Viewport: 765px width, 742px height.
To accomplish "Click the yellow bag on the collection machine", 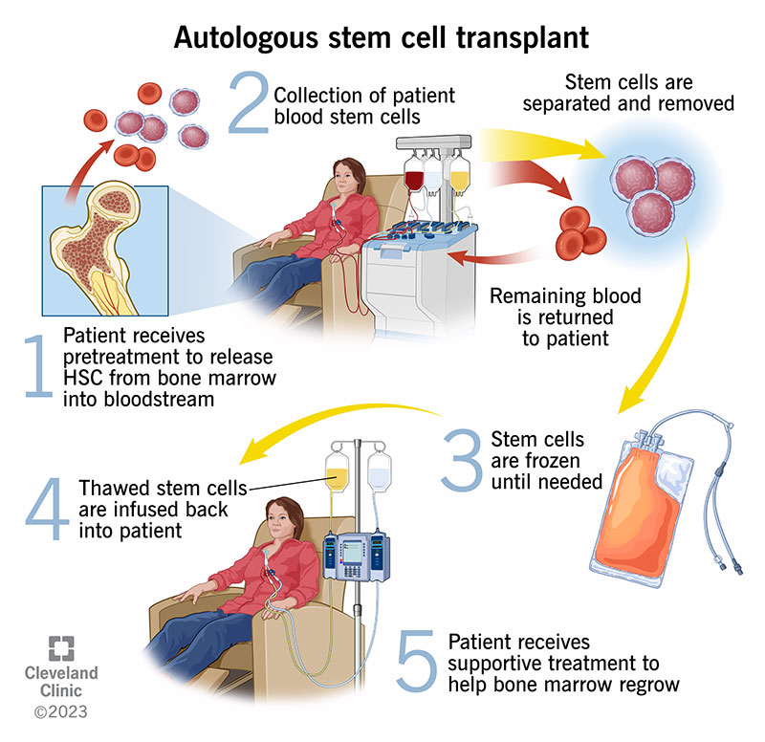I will [x=460, y=177].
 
